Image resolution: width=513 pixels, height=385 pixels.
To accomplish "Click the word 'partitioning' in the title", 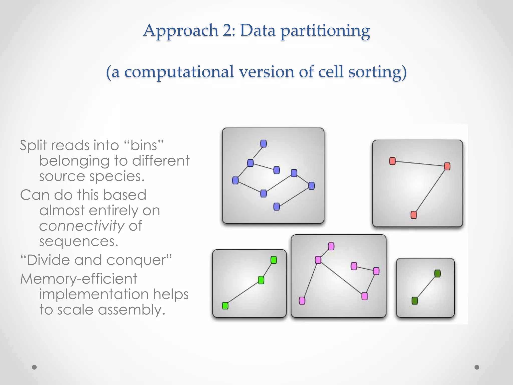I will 325,31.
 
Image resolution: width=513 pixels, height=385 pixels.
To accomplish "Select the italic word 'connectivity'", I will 82,226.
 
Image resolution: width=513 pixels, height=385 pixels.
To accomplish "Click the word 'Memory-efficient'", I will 79,279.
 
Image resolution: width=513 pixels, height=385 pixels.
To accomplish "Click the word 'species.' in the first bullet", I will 117,176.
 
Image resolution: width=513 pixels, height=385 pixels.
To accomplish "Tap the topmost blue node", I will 264,144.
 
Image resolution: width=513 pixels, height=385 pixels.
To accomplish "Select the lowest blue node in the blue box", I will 277,207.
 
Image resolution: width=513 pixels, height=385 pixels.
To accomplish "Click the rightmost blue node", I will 311,186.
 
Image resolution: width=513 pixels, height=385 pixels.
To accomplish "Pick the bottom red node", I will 414,215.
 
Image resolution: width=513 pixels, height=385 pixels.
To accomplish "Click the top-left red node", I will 393,161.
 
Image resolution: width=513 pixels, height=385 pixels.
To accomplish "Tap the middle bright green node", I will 261,280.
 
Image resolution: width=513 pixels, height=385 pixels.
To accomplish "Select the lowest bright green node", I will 225,306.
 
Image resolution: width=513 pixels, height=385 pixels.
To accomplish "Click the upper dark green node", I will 437,273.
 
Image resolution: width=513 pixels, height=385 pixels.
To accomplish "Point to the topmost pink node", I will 331,246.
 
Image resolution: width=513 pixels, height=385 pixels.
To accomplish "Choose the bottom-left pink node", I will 302,301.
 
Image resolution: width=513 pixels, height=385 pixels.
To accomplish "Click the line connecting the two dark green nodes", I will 426,287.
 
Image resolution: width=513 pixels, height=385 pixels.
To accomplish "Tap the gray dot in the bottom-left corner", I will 34,367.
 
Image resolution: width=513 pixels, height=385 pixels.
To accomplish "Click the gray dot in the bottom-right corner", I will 477,367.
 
